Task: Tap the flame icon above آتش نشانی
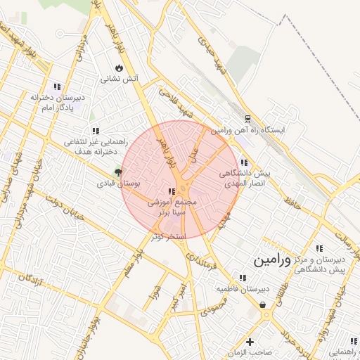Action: (119, 68)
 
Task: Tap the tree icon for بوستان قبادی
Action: (118, 171)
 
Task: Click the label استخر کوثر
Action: (168, 236)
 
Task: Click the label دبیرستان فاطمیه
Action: (243, 289)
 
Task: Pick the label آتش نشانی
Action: (119, 79)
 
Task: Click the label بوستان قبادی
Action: (119, 183)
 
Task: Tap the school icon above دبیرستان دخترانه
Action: (57, 86)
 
